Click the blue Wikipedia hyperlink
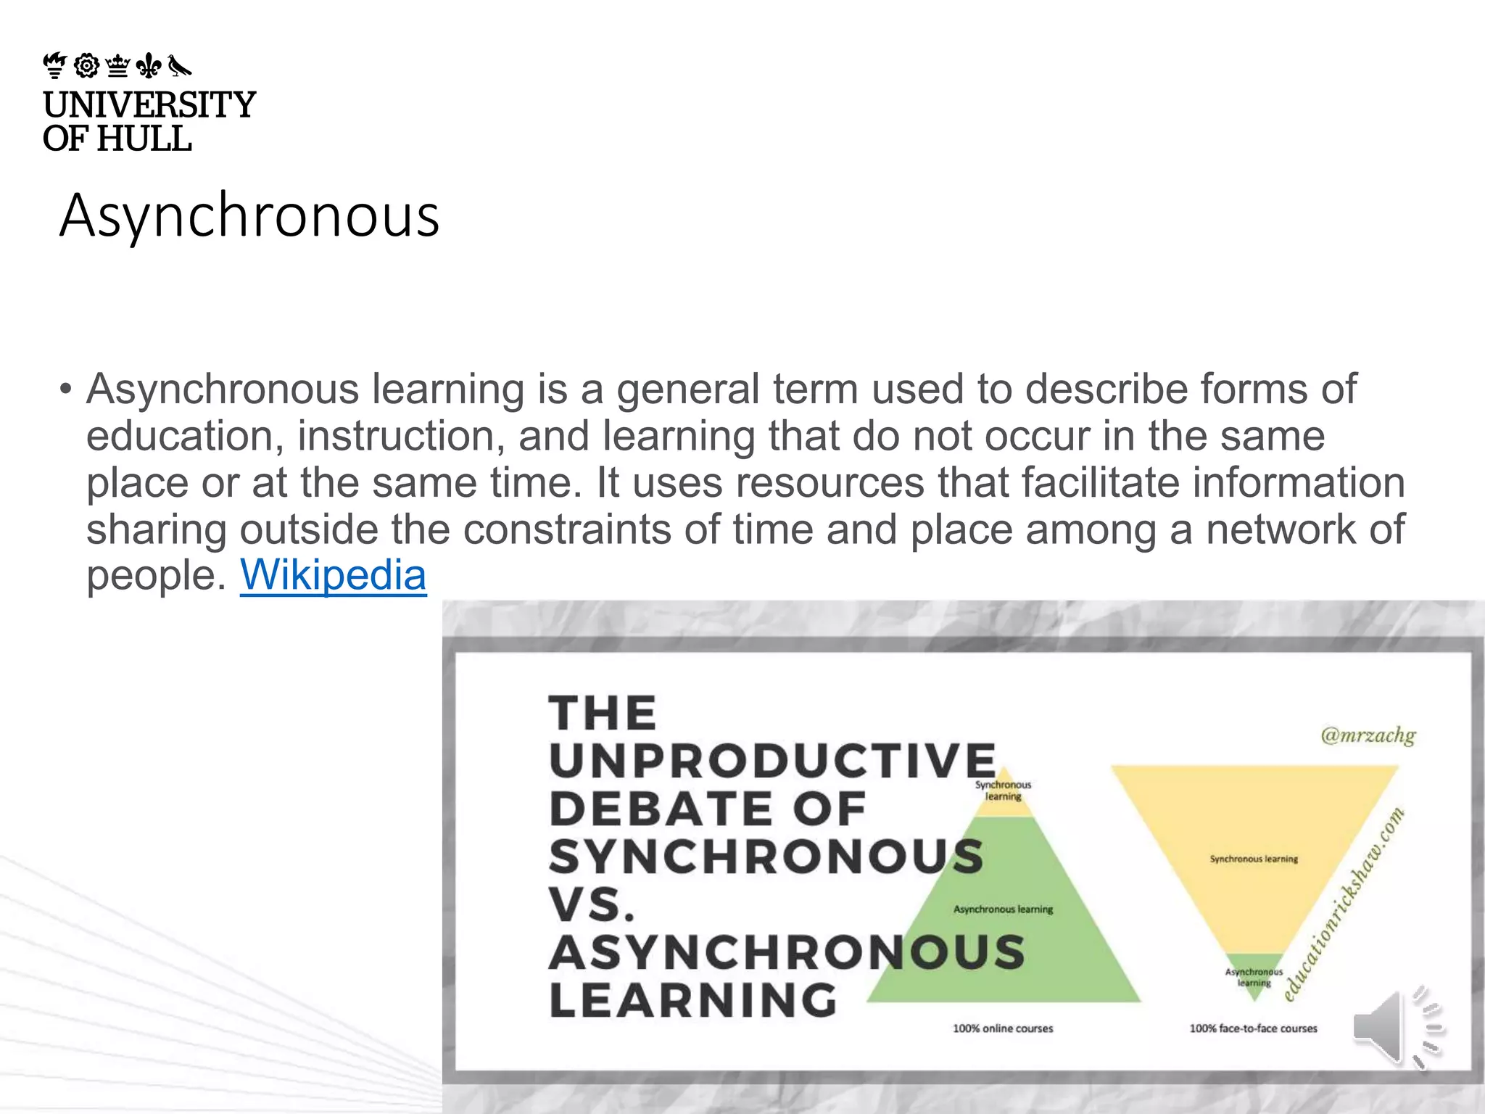click(333, 576)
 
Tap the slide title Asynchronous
click(249, 215)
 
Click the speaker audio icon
click(1396, 1028)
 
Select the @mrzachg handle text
click(1368, 735)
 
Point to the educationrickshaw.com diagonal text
click(1344, 904)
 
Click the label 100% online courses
click(1003, 1028)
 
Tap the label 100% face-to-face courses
click(1253, 1028)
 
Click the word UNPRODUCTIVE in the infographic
click(773, 761)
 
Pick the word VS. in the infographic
click(592, 904)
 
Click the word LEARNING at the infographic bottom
click(693, 1000)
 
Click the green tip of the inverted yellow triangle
click(1254, 975)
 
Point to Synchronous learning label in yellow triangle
click(1254, 859)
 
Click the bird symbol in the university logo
click(180, 66)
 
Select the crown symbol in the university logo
click(117, 66)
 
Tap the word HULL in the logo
click(144, 139)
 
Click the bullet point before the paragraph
click(66, 389)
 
